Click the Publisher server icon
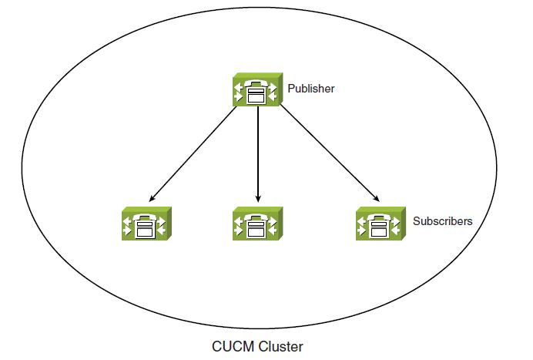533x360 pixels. (258, 89)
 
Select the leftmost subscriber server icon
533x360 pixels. (146, 224)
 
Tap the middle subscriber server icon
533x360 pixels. (258, 224)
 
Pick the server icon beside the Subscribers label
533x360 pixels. (380, 224)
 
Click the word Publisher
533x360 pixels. (311, 89)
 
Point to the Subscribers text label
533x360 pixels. (443, 221)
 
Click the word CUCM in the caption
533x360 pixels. (233, 347)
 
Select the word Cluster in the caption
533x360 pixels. (280, 347)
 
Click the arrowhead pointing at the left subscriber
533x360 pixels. (152, 198)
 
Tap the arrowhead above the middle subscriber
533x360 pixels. (258, 198)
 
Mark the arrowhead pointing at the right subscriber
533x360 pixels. (376, 198)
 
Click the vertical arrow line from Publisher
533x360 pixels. (258, 154)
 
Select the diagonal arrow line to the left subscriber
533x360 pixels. (193, 154)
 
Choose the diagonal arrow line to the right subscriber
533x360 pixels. (330, 153)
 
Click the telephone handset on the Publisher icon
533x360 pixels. (257, 84)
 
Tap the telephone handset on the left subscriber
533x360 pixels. (146, 217)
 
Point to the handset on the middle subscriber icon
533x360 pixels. (257, 217)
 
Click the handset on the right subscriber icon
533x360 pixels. (380, 217)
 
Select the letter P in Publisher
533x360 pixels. (291, 88)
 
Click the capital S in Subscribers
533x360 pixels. (417, 220)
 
